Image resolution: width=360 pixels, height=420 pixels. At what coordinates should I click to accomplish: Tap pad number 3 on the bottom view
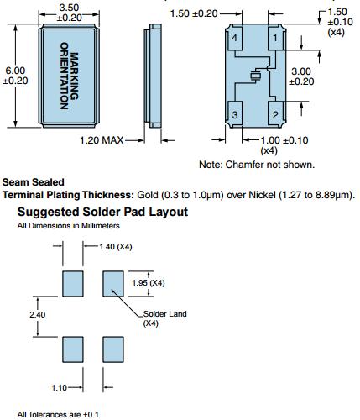235,114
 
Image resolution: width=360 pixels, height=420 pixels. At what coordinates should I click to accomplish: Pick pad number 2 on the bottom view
275,114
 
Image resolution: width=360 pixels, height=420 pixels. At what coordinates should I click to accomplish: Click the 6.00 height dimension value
15,71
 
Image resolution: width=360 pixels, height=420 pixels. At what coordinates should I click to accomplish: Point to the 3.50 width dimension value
69,8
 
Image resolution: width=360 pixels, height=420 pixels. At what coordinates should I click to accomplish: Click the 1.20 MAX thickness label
102,140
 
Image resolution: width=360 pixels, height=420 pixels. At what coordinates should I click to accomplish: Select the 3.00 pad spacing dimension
301,71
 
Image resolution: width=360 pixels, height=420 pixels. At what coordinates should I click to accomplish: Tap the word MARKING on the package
74,76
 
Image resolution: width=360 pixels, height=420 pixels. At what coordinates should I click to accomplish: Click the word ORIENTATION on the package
65,76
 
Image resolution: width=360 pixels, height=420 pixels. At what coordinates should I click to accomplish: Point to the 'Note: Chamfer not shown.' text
257,165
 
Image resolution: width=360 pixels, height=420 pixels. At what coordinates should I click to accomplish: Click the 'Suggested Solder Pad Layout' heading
102,212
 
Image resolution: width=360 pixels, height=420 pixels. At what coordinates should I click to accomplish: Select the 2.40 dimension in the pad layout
38,315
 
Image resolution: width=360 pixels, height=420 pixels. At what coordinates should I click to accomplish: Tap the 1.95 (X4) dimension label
149,283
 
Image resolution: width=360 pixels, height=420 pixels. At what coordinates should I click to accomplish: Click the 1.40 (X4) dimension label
116,247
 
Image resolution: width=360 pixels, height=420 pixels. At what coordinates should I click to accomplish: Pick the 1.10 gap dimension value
60,388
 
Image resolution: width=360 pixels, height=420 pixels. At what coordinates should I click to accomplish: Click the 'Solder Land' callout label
164,314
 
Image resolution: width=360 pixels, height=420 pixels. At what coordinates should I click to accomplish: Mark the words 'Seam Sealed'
34,182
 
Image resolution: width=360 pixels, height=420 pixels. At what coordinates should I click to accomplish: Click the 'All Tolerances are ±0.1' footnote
58,414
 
